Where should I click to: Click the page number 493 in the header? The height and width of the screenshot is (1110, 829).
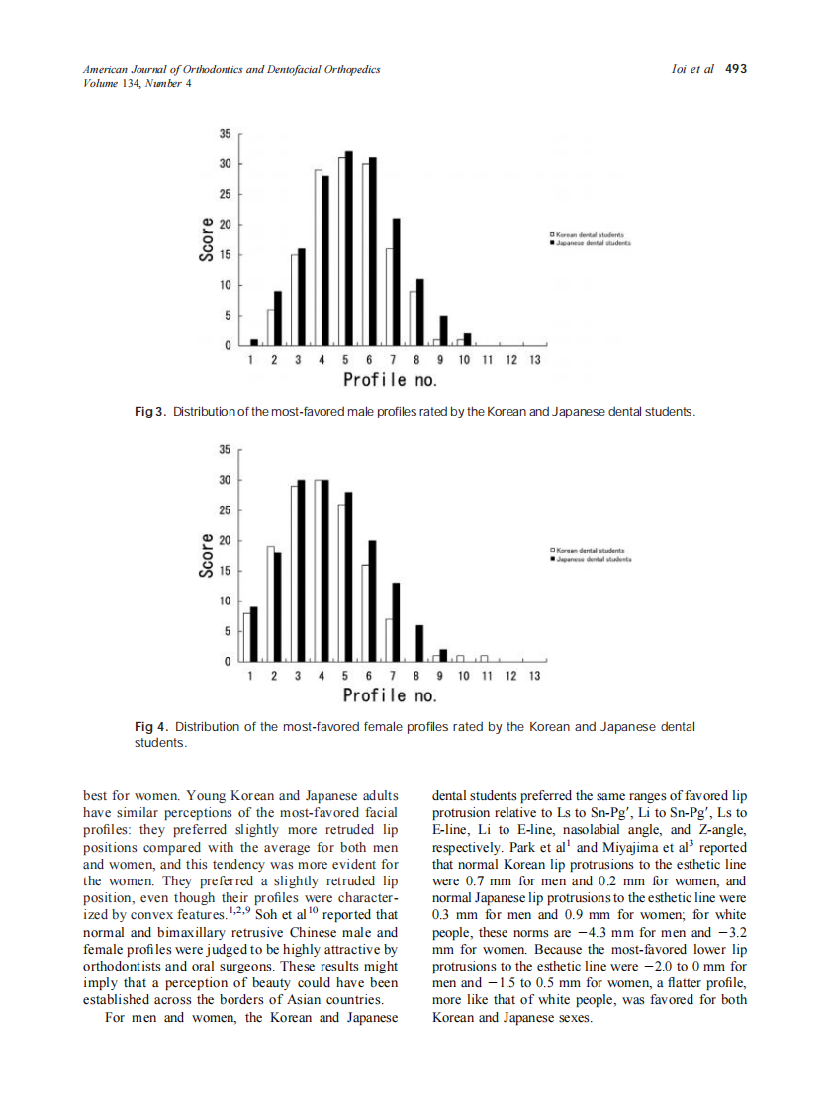pyautogui.click(x=735, y=69)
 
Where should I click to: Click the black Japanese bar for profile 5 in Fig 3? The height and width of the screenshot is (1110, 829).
pyautogui.click(x=348, y=252)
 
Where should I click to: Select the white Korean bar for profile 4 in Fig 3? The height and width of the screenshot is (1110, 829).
pyautogui.click(x=319, y=259)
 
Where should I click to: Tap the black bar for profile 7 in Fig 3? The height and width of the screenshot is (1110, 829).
pyautogui.click(x=396, y=282)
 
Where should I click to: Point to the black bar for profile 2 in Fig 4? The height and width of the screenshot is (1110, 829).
pyautogui.click(x=278, y=605)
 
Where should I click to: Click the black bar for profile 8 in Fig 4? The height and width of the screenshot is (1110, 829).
pyautogui.click(x=419, y=642)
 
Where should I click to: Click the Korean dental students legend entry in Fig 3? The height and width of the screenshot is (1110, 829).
pyautogui.click(x=590, y=234)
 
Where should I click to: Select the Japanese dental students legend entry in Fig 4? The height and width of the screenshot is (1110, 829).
pyautogui.click(x=590, y=559)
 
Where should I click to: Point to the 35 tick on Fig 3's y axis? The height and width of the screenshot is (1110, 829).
pyautogui.click(x=226, y=134)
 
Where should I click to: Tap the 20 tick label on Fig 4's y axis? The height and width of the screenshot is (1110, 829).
pyautogui.click(x=226, y=541)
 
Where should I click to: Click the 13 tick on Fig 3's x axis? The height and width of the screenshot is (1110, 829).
pyautogui.click(x=534, y=361)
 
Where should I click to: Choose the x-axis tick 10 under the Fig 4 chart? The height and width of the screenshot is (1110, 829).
pyautogui.click(x=463, y=676)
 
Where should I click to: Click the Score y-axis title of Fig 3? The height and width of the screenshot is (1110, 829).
pyautogui.click(x=207, y=238)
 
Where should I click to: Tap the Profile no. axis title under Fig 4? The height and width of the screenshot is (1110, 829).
pyautogui.click(x=390, y=695)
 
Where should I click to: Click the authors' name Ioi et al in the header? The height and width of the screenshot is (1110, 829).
pyautogui.click(x=692, y=69)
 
